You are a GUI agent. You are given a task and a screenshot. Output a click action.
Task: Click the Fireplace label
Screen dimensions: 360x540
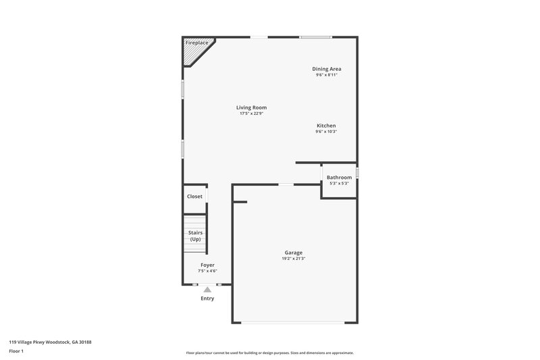pyautogui.click(x=196, y=43)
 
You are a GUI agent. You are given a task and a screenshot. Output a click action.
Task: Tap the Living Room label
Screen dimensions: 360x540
pyautogui.click(x=251, y=107)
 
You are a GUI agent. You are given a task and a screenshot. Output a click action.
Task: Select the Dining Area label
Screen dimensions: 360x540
pyautogui.click(x=326, y=69)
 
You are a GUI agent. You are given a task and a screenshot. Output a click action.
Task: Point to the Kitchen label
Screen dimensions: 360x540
pyautogui.click(x=326, y=126)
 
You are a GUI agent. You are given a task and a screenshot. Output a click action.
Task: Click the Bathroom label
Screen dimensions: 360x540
pyautogui.click(x=339, y=178)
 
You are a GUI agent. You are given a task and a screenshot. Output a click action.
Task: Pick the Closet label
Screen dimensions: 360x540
pyautogui.click(x=194, y=197)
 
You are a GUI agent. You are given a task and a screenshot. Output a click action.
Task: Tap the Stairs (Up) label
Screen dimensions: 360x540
pyautogui.click(x=195, y=236)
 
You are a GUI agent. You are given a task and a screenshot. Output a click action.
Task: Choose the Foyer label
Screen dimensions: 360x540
pyautogui.click(x=207, y=265)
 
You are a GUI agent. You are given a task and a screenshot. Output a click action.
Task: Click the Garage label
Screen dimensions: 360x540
pyautogui.click(x=293, y=253)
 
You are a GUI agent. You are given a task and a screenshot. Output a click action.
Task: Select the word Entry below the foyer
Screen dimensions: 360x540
pyautogui.click(x=207, y=298)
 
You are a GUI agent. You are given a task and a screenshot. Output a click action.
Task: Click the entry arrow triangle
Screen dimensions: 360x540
pyautogui.click(x=207, y=289)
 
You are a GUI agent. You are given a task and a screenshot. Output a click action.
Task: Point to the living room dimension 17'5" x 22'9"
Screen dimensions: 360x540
pyautogui.click(x=251, y=113)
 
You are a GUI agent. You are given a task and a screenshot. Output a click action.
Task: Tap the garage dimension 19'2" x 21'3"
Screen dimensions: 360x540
pyautogui.click(x=293, y=259)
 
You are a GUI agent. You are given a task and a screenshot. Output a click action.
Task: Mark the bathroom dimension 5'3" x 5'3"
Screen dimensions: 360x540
pyautogui.click(x=339, y=184)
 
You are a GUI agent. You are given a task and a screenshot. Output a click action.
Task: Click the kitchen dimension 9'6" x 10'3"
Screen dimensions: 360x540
pyautogui.click(x=326, y=132)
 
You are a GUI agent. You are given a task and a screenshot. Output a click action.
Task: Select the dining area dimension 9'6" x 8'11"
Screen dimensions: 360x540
pyautogui.click(x=326, y=75)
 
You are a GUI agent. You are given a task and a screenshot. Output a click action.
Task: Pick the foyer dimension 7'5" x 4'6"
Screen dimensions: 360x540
pyautogui.click(x=207, y=271)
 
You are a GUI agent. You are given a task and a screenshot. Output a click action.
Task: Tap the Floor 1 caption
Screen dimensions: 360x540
pyautogui.click(x=17, y=351)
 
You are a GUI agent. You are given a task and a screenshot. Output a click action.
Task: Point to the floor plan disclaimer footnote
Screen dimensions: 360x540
pyautogui.click(x=269, y=353)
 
